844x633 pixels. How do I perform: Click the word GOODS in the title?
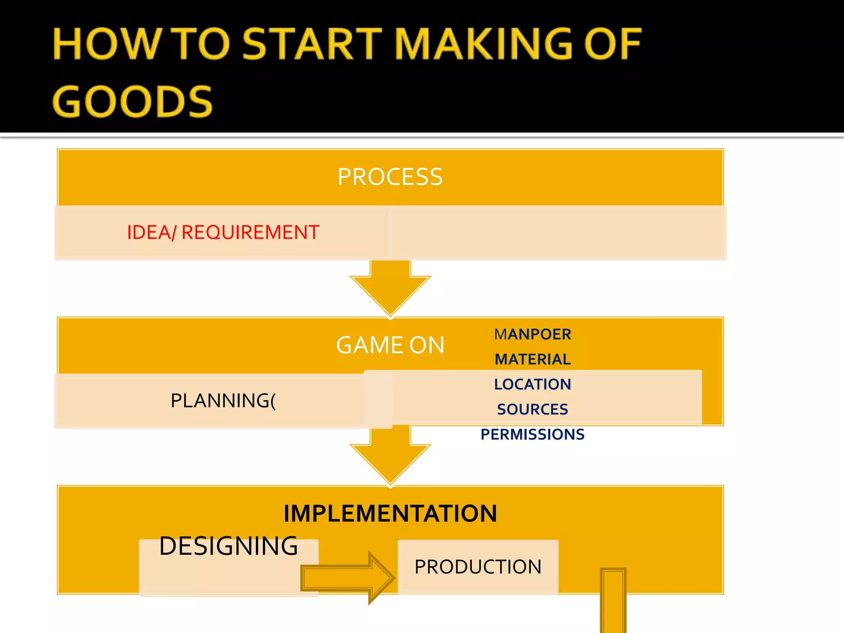click(x=132, y=101)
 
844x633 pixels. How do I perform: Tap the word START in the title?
click(x=312, y=44)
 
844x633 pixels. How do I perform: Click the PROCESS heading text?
click(x=390, y=177)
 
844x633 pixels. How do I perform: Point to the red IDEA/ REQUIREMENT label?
click(x=223, y=232)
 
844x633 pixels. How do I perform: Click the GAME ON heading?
click(x=390, y=345)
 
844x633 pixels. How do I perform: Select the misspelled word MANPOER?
click(x=532, y=334)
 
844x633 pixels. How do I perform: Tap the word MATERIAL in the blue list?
click(x=532, y=359)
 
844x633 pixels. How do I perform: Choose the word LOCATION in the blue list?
click(x=532, y=384)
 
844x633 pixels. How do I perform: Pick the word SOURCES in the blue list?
click(x=532, y=410)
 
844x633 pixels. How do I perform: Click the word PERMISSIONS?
click(x=532, y=434)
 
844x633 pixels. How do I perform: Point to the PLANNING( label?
click(x=223, y=401)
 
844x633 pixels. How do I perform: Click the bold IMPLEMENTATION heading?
click(x=390, y=513)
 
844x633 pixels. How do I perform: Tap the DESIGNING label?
click(x=228, y=546)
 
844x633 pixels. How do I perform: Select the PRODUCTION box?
click(x=478, y=567)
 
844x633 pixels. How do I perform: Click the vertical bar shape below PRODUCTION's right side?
click(x=613, y=602)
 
